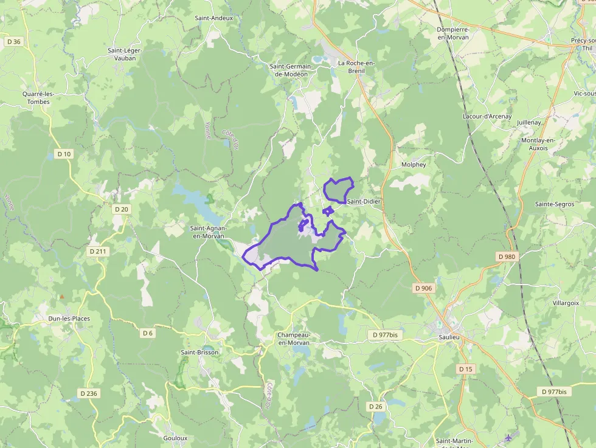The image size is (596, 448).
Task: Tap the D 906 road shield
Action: point(424,288)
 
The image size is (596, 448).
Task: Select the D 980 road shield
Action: point(507,257)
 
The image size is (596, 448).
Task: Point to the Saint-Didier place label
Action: point(364,201)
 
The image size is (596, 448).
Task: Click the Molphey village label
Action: point(414,164)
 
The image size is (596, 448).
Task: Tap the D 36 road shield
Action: point(13,42)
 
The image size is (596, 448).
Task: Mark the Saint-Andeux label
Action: point(214,18)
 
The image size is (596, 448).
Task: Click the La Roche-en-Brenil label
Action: point(356,67)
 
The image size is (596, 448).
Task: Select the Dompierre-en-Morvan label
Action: point(453,33)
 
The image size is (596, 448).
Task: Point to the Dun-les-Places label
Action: point(69,318)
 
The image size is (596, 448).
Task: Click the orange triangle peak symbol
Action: point(61,297)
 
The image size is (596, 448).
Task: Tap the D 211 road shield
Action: point(97,251)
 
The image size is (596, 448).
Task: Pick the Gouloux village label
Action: point(175,438)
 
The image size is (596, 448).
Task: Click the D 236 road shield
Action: point(88,393)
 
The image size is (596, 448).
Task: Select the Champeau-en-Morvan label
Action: point(294,339)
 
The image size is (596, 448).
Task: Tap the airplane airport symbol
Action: point(509,438)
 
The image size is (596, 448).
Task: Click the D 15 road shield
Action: point(465,369)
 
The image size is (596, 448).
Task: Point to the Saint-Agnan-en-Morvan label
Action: point(207,232)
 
